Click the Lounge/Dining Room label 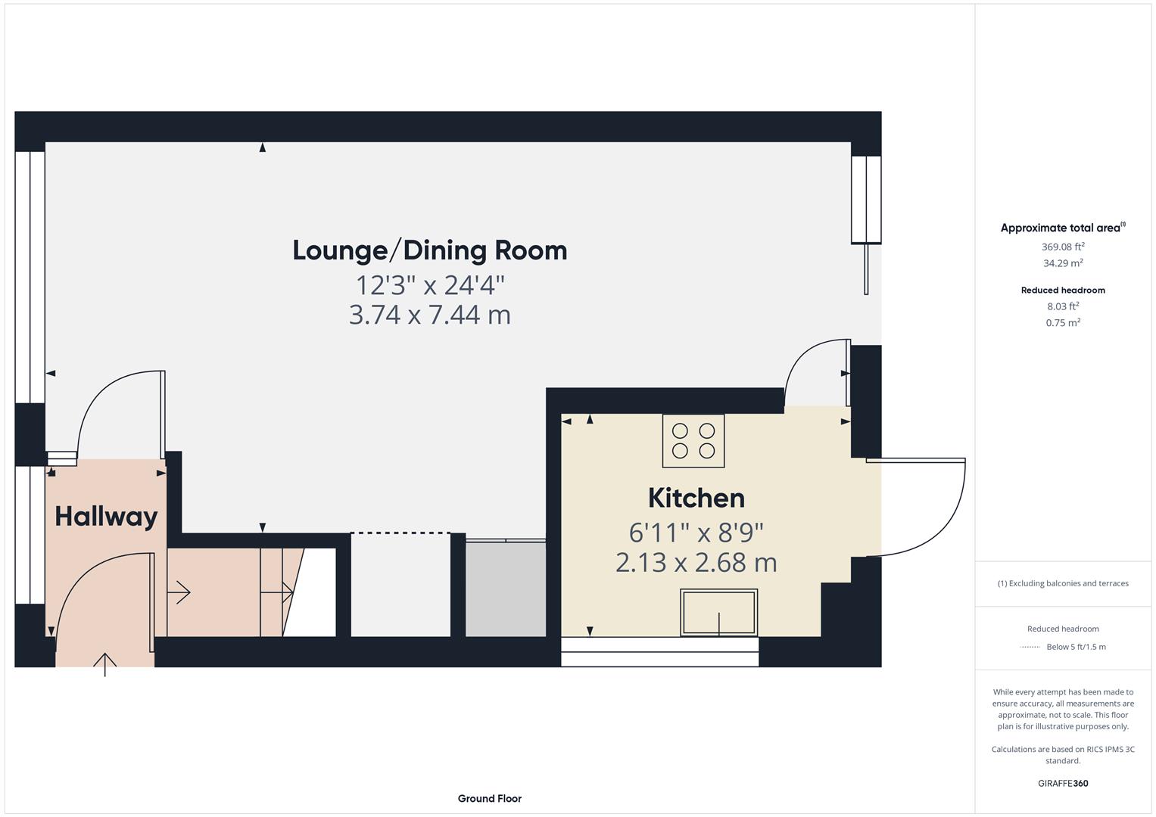[429, 250]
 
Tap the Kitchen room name [696, 498]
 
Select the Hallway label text [106, 517]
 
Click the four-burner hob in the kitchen [693, 441]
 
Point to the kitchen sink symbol [718, 612]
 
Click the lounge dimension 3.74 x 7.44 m [429, 315]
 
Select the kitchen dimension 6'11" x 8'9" [696, 533]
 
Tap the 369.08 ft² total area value [1062, 247]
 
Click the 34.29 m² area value [1062, 263]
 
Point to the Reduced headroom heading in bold [1062, 290]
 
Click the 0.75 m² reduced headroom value [1062, 322]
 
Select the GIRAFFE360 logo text [1062, 783]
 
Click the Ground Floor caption [489, 798]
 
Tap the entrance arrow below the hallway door [104, 663]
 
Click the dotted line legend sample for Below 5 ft [1030, 647]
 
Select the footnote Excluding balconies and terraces [1062, 583]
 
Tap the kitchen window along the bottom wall [659, 651]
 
